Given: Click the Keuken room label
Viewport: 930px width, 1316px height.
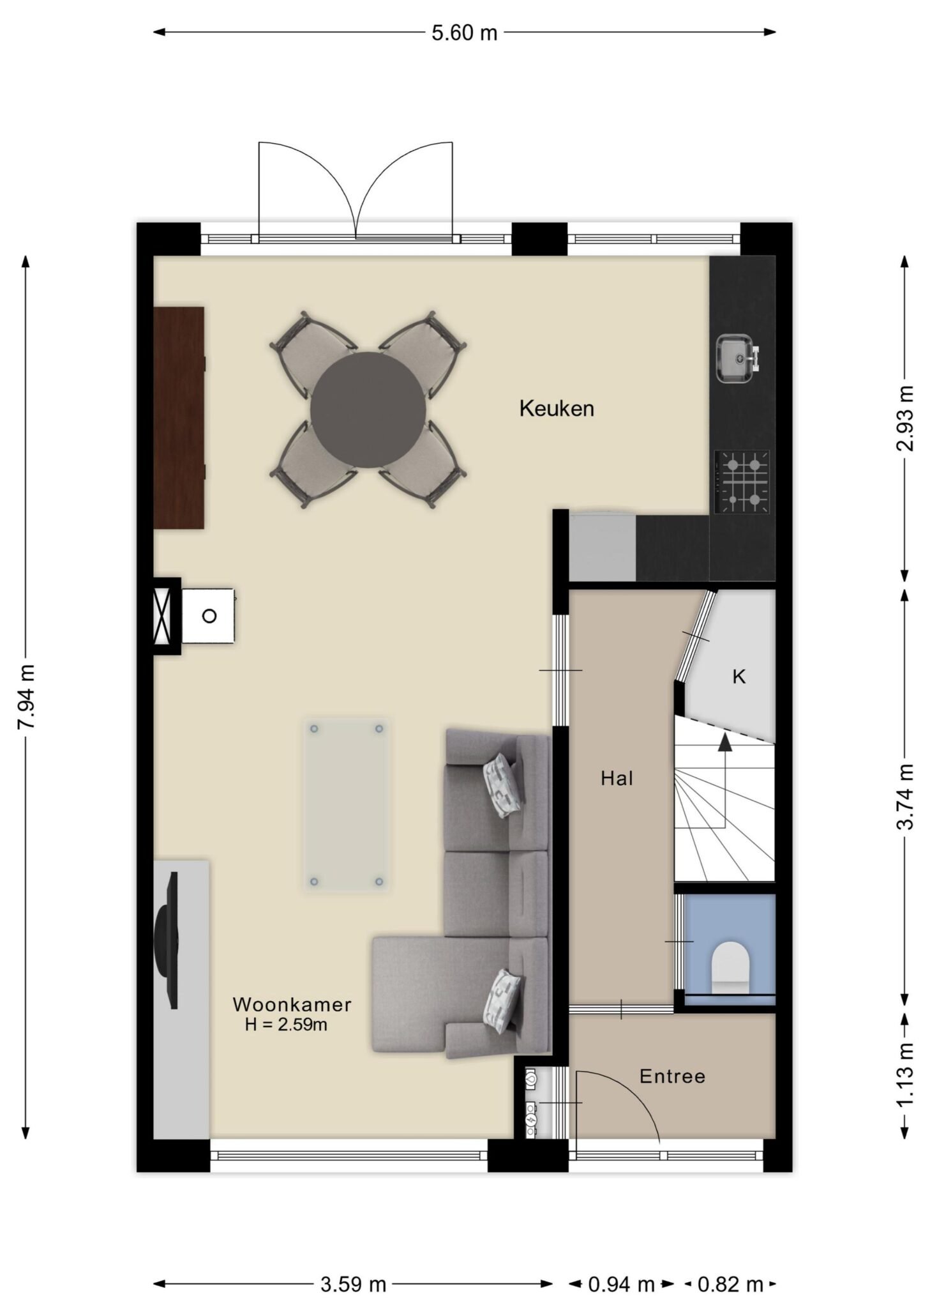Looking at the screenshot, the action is (x=557, y=408).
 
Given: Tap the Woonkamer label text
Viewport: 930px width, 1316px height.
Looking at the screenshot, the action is (x=292, y=1004).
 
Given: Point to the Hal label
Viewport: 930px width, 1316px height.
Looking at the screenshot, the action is (x=617, y=778).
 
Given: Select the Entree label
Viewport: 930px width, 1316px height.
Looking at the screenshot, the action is (x=672, y=1076).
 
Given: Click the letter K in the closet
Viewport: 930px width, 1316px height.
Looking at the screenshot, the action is (x=739, y=677).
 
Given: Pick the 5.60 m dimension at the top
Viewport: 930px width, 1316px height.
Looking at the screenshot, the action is (x=464, y=33).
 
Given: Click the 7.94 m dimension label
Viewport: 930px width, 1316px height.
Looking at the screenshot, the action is (x=27, y=696).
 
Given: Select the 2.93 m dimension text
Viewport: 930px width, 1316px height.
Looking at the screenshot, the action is (x=904, y=418).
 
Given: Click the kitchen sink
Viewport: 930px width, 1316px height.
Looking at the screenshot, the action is (x=738, y=358).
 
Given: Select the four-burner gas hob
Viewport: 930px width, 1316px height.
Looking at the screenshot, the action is (x=742, y=482).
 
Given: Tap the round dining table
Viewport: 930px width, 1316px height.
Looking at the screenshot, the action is (x=368, y=409).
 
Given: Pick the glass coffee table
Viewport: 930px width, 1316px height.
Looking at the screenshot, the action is (x=345, y=805).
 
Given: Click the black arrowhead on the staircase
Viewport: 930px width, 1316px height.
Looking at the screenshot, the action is (x=724, y=742).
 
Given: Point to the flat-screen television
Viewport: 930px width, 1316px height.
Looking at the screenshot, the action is (x=168, y=939).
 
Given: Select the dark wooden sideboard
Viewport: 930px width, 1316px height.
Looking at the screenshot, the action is (x=179, y=417).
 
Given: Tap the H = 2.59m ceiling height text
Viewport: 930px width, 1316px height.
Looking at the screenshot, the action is (x=286, y=1025).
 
